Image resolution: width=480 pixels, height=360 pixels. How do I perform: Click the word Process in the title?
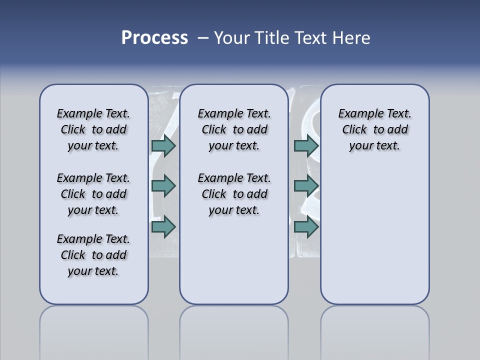coord(154,38)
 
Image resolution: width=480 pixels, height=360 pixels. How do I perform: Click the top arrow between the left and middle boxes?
coord(163,145)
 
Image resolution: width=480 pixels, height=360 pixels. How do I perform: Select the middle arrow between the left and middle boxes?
coord(163,186)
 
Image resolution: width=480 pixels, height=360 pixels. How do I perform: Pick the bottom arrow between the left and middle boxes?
coord(163,227)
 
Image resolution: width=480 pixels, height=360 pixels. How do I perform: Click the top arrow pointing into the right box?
coord(306,145)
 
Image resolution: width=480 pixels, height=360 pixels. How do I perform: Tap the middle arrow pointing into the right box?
coord(306,186)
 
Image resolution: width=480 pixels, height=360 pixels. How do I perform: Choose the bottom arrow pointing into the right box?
coord(306,227)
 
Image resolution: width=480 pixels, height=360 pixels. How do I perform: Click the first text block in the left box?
coord(93,129)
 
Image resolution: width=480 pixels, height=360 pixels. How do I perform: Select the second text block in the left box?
coord(93,194)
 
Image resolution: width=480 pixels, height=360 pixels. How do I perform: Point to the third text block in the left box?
coord(93,255)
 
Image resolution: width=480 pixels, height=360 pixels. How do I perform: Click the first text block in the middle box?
coord(234,129)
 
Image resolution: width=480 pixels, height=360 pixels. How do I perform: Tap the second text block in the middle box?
coord(234,194)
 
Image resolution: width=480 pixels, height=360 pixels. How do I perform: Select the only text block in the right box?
coord(374,129)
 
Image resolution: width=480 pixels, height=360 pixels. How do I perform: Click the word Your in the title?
coord(232,38)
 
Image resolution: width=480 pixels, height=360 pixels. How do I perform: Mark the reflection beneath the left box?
coord(93,330)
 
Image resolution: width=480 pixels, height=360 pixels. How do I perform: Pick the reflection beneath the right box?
coord(374,330)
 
